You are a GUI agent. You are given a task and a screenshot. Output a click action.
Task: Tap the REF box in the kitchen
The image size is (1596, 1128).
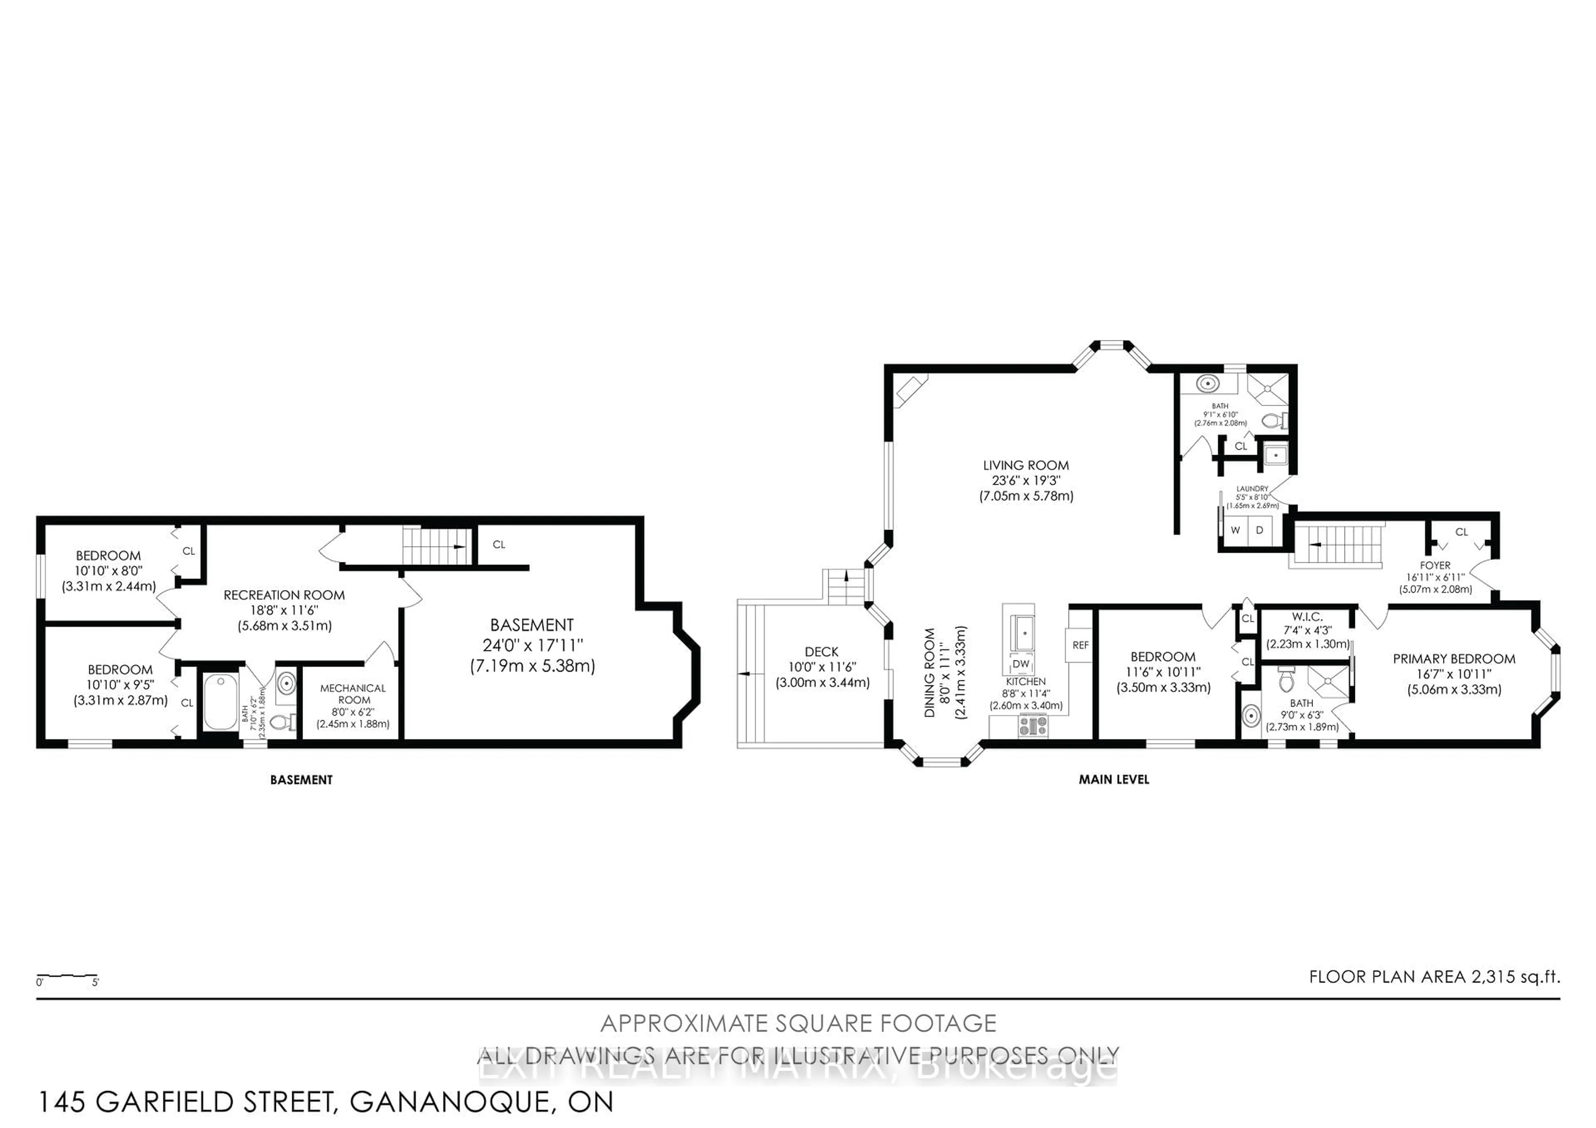1079,645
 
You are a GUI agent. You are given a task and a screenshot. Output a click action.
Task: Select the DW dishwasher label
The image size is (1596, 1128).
1020,664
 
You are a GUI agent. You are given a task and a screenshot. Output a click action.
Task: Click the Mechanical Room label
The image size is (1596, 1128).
353,694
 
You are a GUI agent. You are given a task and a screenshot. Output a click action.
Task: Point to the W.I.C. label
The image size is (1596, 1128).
1307,616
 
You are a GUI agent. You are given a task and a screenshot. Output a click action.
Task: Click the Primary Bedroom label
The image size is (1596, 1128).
1453,658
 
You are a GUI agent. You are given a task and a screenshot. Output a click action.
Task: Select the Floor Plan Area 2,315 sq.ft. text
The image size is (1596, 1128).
1434,976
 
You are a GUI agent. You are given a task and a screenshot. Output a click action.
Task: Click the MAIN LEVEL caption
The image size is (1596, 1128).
1113,780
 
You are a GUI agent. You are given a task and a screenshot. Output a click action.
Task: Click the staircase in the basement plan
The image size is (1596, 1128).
434,546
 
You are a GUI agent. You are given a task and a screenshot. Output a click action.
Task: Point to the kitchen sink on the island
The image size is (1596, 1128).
1024,633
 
